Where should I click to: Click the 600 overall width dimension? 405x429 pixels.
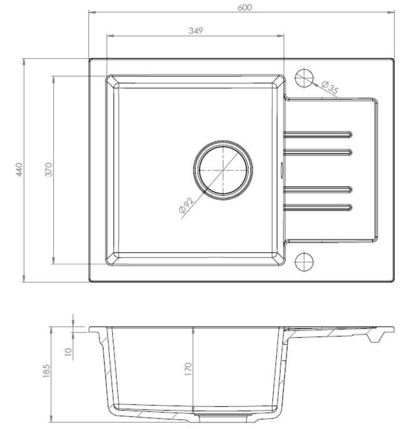point(245,7)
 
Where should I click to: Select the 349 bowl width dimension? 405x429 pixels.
point(196,30)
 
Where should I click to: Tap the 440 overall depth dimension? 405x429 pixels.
point(19,170)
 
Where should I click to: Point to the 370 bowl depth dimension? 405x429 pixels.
point(49,170)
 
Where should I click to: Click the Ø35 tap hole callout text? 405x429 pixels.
point(330,87)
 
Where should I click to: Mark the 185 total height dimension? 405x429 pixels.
point(47,371)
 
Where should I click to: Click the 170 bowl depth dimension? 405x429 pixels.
point(188,369)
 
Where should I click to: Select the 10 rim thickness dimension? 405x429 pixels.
point(68,351)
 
